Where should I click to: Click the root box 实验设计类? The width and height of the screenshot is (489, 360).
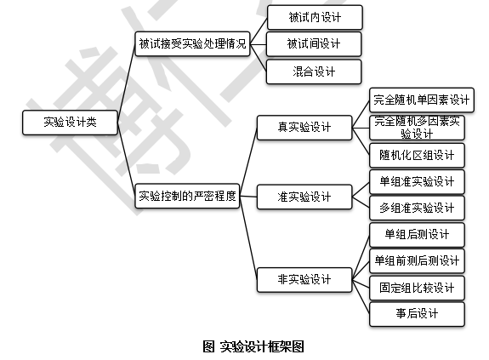71,123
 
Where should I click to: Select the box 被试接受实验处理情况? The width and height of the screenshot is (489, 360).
192,43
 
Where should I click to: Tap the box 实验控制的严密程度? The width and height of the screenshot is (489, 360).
187,196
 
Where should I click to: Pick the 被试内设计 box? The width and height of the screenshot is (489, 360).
315,18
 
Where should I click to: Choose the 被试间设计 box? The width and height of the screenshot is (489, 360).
314,43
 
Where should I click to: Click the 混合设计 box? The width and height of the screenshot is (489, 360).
314,71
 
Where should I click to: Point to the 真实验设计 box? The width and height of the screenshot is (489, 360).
304,128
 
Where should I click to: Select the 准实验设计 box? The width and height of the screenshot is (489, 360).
304,197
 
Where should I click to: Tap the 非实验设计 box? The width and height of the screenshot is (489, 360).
304,279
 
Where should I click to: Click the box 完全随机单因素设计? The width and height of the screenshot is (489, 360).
422,100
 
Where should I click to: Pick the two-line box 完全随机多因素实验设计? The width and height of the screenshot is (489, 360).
417,128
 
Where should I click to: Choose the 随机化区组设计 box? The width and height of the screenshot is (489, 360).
417,156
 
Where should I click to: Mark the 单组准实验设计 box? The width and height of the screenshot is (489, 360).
417,181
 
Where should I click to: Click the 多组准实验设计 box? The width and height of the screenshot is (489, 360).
417,208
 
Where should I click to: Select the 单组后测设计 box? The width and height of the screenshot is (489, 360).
417,235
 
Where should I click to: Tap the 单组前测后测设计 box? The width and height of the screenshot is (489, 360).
417,260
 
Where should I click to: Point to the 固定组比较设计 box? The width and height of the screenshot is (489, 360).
417,288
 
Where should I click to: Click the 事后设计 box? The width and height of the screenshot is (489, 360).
417,314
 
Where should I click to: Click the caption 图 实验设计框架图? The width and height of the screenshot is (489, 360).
253,346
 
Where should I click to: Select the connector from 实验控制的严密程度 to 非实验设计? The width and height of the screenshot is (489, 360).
248,237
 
